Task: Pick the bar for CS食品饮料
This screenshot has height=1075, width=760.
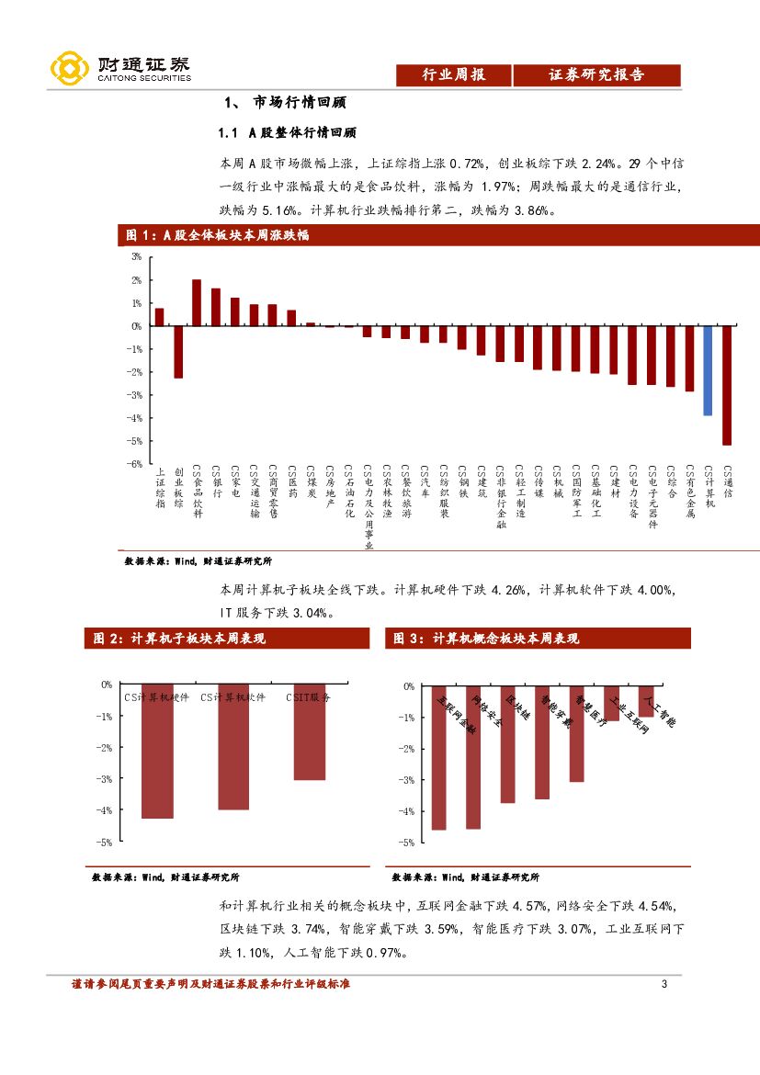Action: click(197, 302)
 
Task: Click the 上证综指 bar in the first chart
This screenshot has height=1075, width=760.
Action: click(159, 317)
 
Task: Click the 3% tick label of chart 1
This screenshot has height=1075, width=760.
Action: click(136, 256)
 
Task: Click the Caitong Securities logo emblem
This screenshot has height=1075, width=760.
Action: click(70, 67)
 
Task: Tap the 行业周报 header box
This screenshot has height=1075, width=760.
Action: click(452, 75)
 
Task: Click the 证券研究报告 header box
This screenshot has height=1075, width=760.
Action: click(596, 75)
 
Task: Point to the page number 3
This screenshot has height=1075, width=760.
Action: click(664, 985)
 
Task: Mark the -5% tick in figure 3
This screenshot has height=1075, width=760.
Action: click(408, 842)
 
